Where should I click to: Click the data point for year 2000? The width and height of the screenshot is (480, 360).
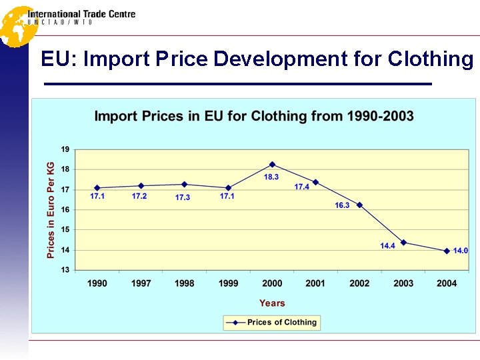(x=272, y=165)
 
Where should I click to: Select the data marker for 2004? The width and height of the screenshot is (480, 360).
(x=447, y=251)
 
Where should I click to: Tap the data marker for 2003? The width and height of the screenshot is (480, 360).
(x=403, y=243)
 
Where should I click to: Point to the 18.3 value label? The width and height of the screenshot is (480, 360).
(x=271, y=177)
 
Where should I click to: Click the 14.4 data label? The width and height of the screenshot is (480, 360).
(x=387, y=246)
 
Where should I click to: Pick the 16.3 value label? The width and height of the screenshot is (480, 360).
(x=342, y=205)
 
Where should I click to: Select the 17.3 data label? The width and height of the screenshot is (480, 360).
(x=183, y=197)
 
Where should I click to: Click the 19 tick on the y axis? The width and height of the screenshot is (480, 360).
(x=65, y=149)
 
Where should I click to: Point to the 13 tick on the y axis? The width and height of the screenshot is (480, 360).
(x=65, y=270)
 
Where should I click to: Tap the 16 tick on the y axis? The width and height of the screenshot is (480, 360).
(x=65, y=209)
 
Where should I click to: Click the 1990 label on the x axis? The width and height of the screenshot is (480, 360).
(x=97, y=283)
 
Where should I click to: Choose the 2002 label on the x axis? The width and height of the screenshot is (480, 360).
(x=359, y=283)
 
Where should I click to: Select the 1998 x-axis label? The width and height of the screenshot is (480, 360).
(x=185, y=283)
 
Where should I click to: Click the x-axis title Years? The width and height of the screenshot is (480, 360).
(x=272, y=303)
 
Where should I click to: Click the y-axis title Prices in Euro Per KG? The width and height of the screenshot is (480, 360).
(x=51, y=209)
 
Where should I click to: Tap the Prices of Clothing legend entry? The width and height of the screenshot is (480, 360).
(x=281, y=323)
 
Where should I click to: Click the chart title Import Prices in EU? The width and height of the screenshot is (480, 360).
(x=254, y=116)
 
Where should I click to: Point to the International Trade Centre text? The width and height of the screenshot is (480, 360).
(x=81, y=14)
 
